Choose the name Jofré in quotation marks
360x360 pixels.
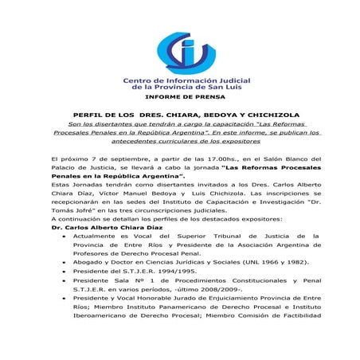click(93, 205)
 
